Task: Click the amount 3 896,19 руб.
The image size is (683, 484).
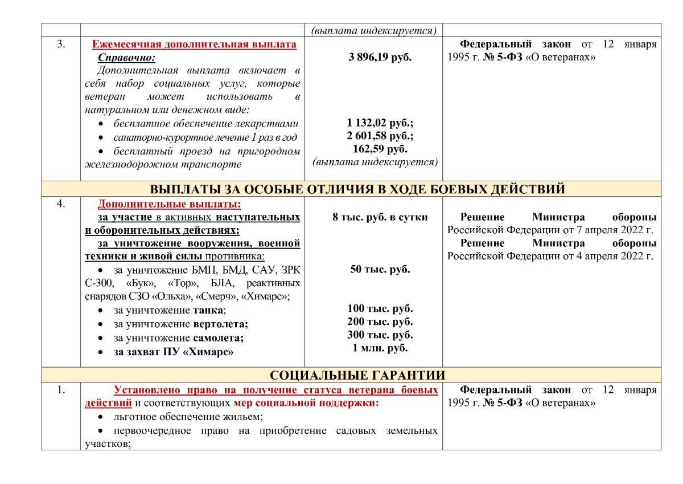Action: [x=380, y=58]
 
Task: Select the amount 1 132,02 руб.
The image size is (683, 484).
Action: [x=380, y=123]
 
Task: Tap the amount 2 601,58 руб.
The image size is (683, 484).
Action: [x=380, y=136]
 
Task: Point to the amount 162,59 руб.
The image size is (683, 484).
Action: [x=380, y=149]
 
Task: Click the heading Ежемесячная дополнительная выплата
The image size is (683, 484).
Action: [x=194, y=44]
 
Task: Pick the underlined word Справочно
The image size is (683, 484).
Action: [x=126, y=58]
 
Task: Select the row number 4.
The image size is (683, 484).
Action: [x=61, y=204]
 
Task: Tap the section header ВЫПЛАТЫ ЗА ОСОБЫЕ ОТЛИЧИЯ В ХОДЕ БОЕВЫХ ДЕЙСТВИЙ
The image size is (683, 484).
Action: [x=357, y=189]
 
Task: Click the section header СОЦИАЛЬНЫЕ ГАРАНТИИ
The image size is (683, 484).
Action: [x=357, y=375]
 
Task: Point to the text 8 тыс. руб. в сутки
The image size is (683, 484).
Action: [x=380, y=217]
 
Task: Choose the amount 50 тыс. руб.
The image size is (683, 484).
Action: [x=380, y=270]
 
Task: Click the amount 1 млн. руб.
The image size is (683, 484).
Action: [x=380, y=348]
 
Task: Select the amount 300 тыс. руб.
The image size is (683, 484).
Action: [x=380, y=335]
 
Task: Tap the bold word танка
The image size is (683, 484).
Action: [x=208, y=311]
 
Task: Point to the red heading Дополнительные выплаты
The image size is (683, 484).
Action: [x=169, y=204]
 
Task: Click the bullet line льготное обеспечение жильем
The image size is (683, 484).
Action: [x=188, y=417]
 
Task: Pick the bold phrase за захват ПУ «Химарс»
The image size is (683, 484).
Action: [x=174, y=352]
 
